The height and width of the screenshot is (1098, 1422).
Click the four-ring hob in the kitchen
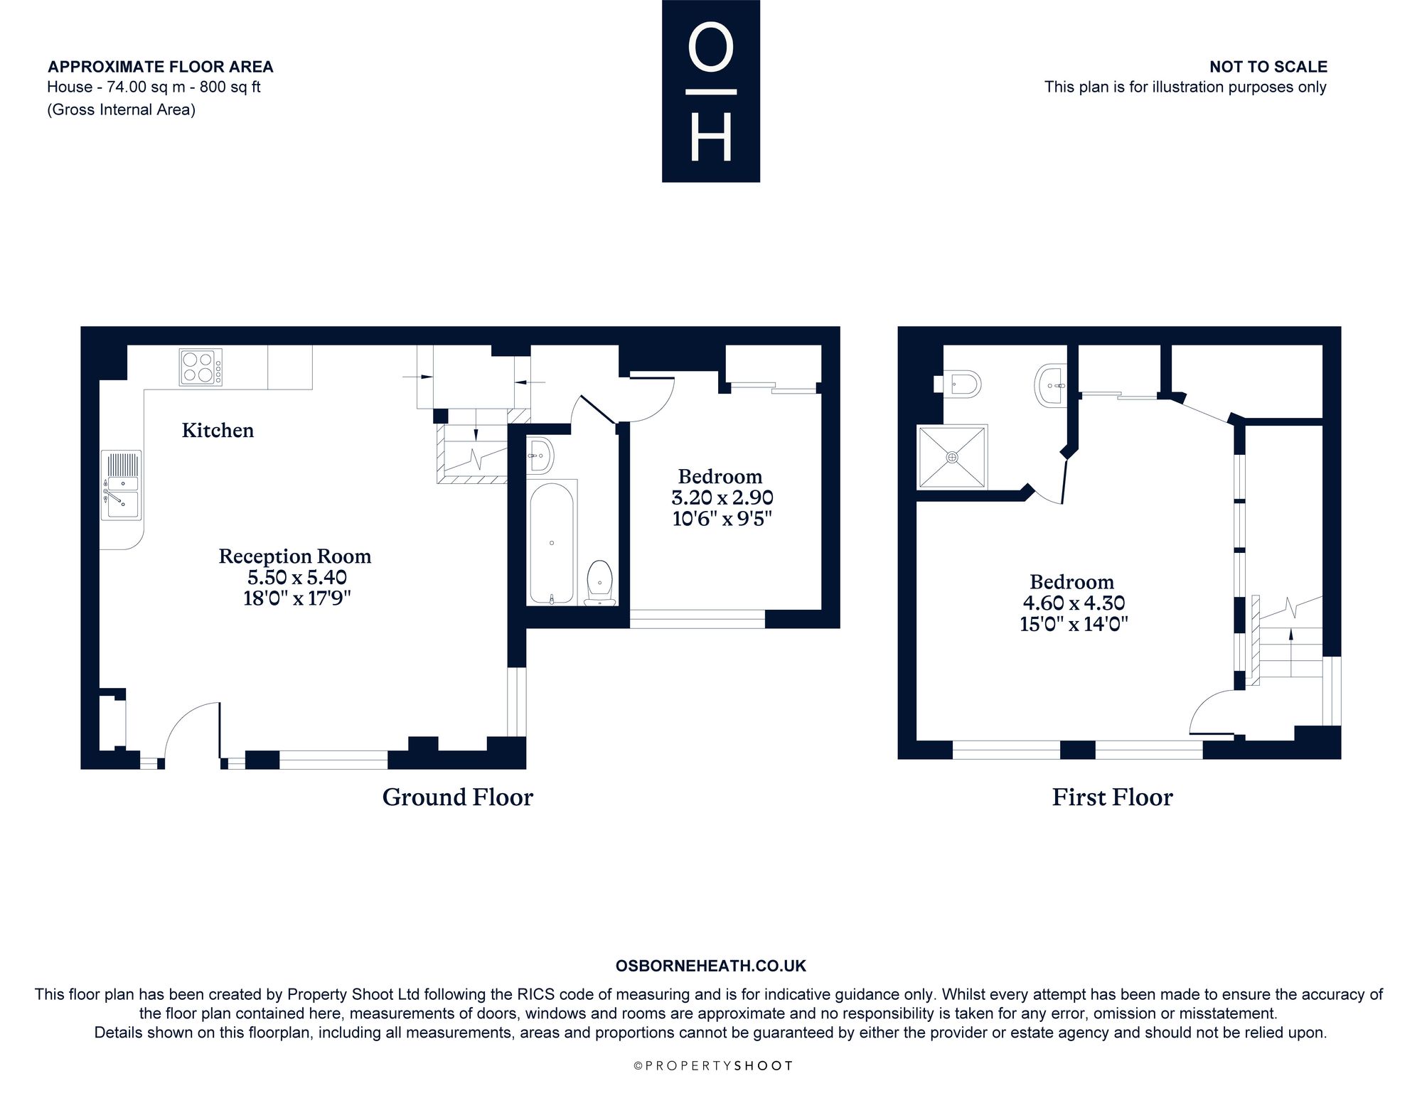pyautogui.click(x=201, y=367)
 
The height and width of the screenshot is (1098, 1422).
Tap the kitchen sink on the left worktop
pyautogui.click(x=122, y=485)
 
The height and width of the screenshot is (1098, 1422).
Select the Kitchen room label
pyautogui.click(x=218, y=430)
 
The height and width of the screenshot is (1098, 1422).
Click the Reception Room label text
pyautogui.click(x=295, y=556)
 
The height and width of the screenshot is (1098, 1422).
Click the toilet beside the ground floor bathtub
pyautogui.click(x=599, y=583)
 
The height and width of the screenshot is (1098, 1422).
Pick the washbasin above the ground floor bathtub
pyautogui.click(x=540, y=455)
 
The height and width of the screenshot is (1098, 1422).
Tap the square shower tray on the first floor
pyautogui.click(x=952, y=457)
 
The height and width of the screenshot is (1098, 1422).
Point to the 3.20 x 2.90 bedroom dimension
pyautogui.click(x=722, y=497)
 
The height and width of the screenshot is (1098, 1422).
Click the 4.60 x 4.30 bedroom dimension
pyautogui.click(x=1074, y=603)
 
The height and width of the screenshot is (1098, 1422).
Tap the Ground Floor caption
pyautogui.click(x=458, y=797)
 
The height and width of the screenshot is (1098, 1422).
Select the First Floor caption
pyautogui.click(x=1113, y=797)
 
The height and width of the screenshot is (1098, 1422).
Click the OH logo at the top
pyautogui.click(x=711, y=91)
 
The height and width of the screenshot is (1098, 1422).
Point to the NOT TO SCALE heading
pyautogui.click(x=1268, y=67)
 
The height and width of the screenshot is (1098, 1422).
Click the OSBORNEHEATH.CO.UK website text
pyautogui.click(x=711, y=966)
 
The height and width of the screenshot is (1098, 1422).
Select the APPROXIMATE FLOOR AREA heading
pyautogui.click(x=161, y=67)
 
